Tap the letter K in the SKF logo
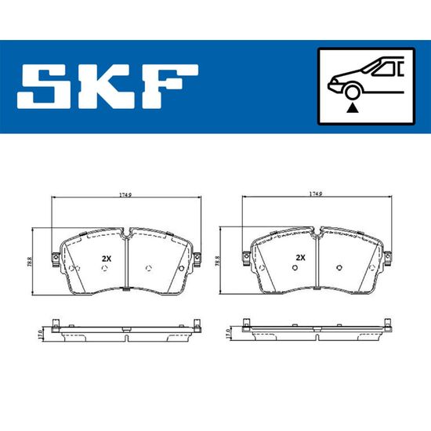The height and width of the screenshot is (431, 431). tap(105, 86)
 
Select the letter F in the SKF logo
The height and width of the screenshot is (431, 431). tap(169, 86)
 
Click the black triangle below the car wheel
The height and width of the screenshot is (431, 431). tap(353, 108)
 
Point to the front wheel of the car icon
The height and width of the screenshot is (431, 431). tap(353, 92)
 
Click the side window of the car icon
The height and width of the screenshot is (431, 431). tap(385, 68)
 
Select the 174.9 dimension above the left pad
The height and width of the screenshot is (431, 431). tap(125, 194)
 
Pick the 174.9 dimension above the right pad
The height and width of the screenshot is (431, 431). tap(316, 194)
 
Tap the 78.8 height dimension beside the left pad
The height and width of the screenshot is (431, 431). tap(30, 263)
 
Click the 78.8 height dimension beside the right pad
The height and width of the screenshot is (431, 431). tap(217, 261)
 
